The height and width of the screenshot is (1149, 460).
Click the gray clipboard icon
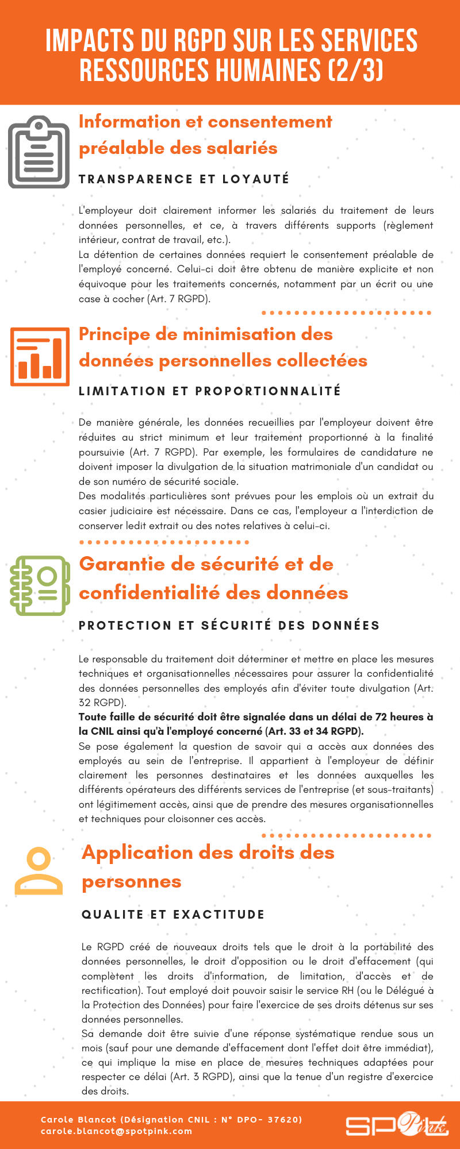click(39, 152)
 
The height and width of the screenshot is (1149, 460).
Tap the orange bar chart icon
click(40, 356)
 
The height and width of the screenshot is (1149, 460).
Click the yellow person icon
click(39, 871)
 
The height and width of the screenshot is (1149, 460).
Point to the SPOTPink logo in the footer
click(396, 1124)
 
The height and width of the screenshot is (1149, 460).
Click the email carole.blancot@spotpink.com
click(117, 1131)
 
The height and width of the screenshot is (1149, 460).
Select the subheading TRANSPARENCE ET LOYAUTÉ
click(184, 179)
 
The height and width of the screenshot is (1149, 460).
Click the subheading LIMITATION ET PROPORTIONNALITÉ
click(210, 391)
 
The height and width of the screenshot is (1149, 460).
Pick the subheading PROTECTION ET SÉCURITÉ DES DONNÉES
click(229, 626)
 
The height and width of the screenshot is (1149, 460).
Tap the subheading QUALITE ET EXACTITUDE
click(173, 915)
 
